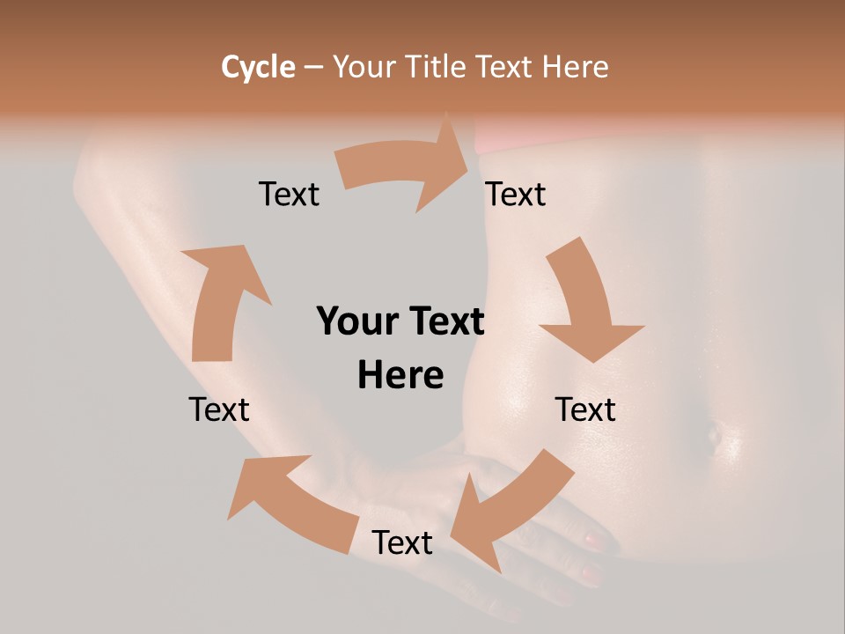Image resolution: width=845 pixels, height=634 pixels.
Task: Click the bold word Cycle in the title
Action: pos(258,67)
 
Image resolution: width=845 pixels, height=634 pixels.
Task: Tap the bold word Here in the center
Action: pos(400,375)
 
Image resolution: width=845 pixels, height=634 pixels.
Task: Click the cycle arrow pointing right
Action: pos(405,166)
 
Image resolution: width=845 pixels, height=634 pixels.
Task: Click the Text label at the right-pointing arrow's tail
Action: pos(289,194)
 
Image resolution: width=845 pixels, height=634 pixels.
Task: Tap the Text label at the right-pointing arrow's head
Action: pos(516,194)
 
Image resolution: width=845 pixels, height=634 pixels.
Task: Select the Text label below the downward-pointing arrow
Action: pos(585,409)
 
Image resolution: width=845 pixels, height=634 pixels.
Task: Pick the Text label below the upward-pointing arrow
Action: pos(219,409)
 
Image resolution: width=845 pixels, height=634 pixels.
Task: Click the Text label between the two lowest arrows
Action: pos(402,542)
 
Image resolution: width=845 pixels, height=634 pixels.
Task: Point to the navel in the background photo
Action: pos(712,433)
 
